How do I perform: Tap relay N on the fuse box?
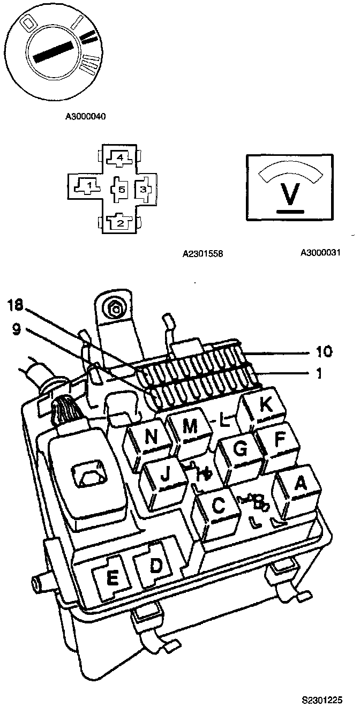click(x=152, y=437)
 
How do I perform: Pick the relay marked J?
click(x=166, y=473)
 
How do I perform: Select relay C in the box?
click(x=218, y=506)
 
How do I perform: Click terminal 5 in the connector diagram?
click(x=121, y=189)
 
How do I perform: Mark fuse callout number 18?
click(x=16, y=305)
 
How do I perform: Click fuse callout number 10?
click(x=324, y=352)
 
